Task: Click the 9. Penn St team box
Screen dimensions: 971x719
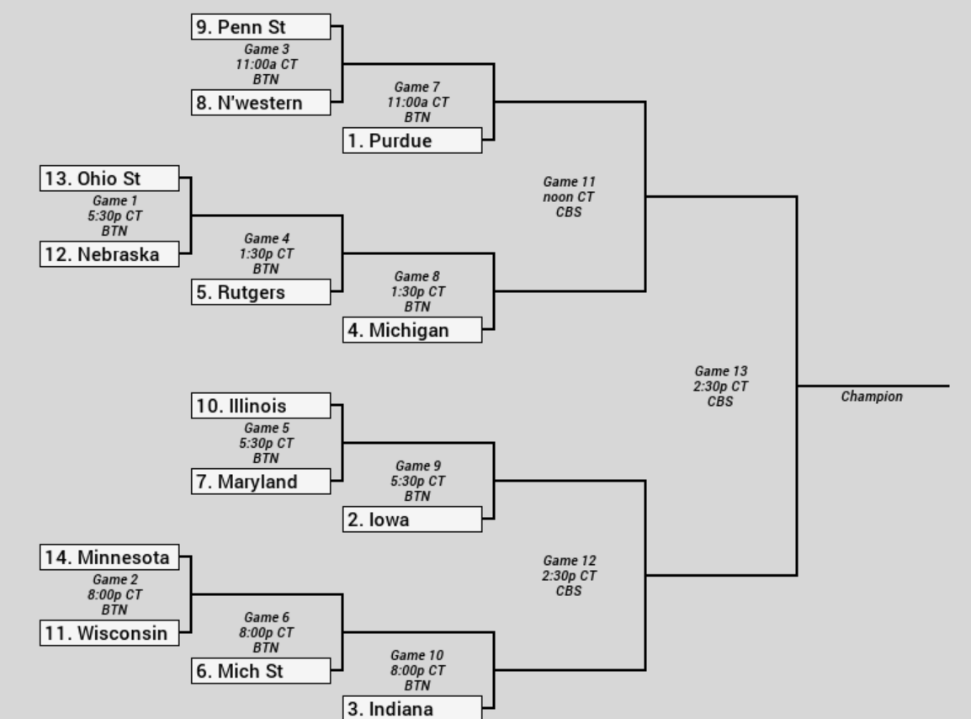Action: pos(261,27)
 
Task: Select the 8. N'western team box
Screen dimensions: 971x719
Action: pos(261,102)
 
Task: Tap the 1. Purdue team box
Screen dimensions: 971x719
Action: pos(412,140)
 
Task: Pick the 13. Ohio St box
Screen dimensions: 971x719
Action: pos(109,178)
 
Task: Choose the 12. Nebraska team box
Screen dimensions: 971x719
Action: pos(109,254)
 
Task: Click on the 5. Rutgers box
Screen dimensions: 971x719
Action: pos(261,292)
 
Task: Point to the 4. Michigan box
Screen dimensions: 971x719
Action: pos(412,330)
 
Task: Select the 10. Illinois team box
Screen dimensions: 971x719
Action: pos(261,405)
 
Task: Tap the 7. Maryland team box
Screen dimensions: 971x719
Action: pos(261,482)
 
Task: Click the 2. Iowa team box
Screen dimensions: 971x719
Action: pos(412,519)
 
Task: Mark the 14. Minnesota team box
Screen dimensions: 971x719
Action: pos(109,557)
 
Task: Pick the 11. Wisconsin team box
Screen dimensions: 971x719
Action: pos(109,633)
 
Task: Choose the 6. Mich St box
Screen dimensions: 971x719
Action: pos(261,671)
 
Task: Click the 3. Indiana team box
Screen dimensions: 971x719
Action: pos(412,708)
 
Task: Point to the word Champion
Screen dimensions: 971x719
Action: pos(872,397)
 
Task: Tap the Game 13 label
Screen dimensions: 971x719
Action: pos(721,371)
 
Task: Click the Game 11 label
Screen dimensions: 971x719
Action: pos(569,182)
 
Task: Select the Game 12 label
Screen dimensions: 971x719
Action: pos(569,561)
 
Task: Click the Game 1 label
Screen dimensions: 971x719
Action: pos(114,201)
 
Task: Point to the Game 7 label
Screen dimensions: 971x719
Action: pos(417,88)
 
